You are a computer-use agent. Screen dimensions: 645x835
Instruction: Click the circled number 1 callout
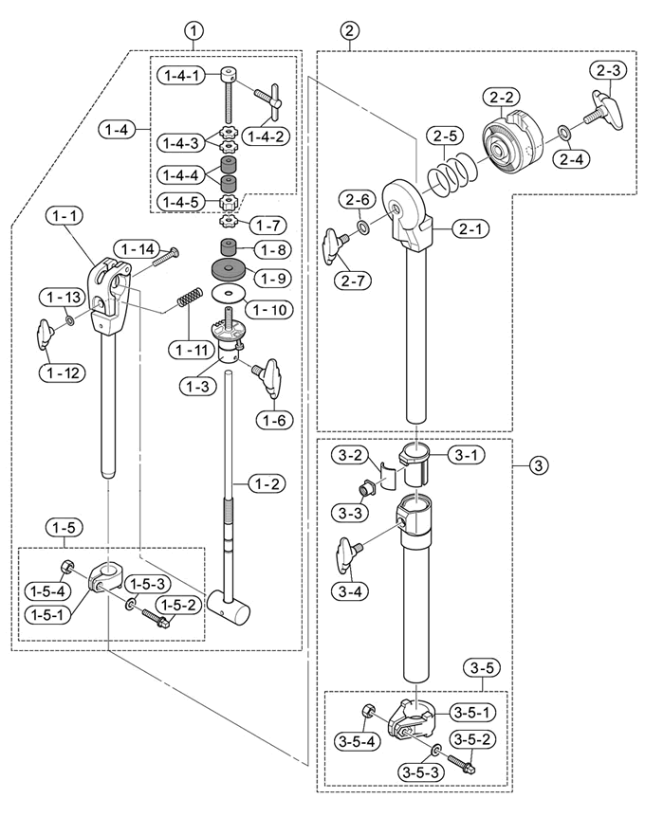pos(193,31)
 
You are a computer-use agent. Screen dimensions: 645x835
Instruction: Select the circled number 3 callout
pos(539,466)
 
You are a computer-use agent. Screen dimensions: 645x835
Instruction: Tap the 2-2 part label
pos(501,98)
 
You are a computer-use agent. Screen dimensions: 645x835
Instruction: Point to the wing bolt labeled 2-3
pos(604,110)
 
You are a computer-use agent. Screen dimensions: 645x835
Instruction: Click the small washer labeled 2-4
pos(562,131)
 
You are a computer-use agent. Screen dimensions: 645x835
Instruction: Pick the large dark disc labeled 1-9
pos(229,269)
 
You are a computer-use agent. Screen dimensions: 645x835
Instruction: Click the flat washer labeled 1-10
pos(229,294)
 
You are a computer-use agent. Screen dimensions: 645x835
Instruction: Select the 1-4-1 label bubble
pos(181,76)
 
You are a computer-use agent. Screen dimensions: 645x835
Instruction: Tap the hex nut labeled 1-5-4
pos(67,567)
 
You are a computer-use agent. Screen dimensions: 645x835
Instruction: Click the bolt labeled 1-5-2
pos(156,618)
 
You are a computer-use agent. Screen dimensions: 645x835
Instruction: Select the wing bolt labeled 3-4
pos(347,554)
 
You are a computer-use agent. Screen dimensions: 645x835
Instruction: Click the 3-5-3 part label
pos(420,771)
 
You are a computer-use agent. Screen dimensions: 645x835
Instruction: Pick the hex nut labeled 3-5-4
pos(367,711)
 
